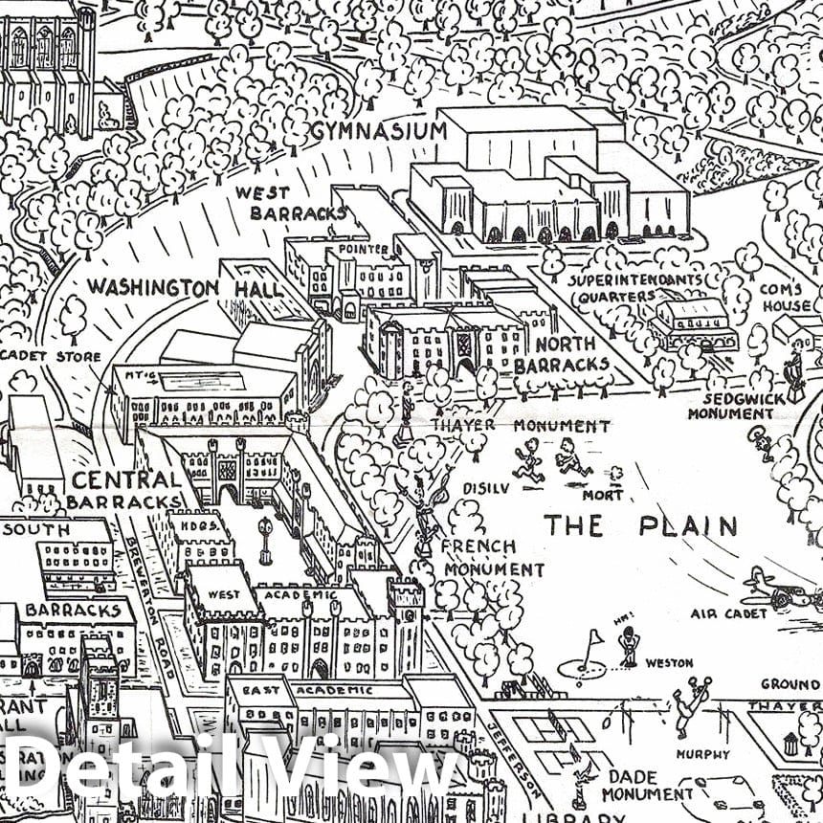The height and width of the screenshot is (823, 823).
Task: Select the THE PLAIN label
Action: click(640, 525)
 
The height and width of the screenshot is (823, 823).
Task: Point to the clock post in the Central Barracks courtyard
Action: click(265, 539)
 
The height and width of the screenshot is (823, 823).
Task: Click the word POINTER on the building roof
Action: click(363, 249)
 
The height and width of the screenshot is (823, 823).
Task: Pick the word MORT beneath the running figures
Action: click(603, 495)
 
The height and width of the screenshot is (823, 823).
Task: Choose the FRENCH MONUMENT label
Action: click(478, 556)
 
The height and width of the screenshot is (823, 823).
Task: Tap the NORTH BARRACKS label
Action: click(561, 354)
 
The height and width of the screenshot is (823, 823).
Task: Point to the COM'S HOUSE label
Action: click(785, 297)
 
